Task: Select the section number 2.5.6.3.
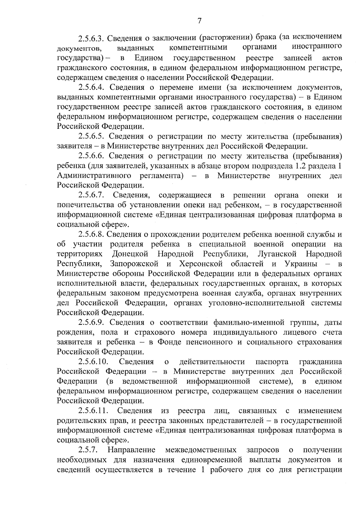(x=91, y=38)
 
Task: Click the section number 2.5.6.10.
(x=93, y=362)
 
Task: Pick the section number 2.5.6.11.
(x=93, y=411)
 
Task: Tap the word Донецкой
(x=130, y=254)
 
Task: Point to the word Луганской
(x=277, y=254)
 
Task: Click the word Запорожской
(x=134, y=264)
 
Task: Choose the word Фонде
(x=169, y=342)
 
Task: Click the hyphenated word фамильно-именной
(x=249, y=323)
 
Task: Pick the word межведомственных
(x=200, y=450)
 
